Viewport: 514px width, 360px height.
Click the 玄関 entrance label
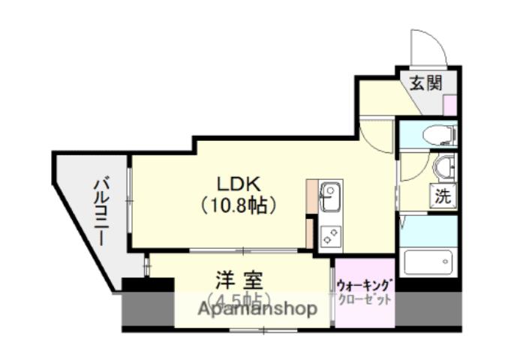(425, 82)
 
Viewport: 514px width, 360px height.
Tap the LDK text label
(238, 184)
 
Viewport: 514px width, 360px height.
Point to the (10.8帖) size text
(238, 204)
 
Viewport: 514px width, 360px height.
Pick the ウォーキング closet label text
(365, 286)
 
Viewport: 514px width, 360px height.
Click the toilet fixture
(437, 135)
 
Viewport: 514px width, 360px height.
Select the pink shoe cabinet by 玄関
(450, 105)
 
